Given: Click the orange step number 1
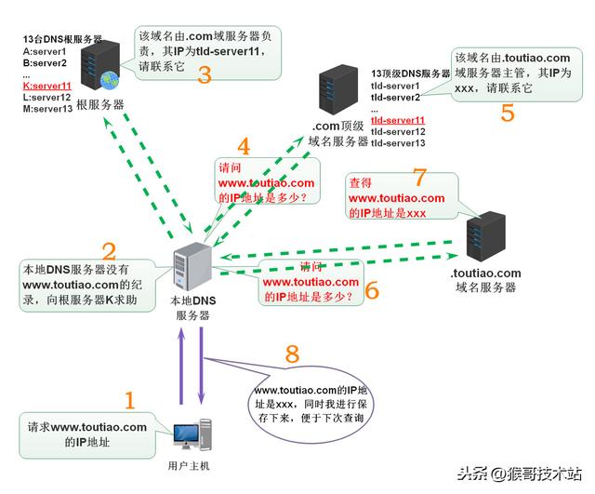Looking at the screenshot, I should tap(129, 401).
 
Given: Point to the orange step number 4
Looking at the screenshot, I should tap(244, 146).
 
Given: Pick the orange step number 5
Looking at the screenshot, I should tap(507, 113).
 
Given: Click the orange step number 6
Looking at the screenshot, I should tap(372, 289).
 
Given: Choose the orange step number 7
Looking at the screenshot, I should tap(418, 178).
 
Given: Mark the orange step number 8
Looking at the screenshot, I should tap(293, 354).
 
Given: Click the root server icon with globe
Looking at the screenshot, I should tap(97, 64).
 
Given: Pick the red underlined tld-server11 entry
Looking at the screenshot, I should tap(398, 121).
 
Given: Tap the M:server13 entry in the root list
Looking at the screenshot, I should tap(46, 108).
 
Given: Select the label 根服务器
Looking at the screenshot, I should tap(96, 105).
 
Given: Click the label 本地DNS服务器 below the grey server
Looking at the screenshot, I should tap(192, 308).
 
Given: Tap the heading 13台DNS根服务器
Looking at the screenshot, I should tap(61, 40).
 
